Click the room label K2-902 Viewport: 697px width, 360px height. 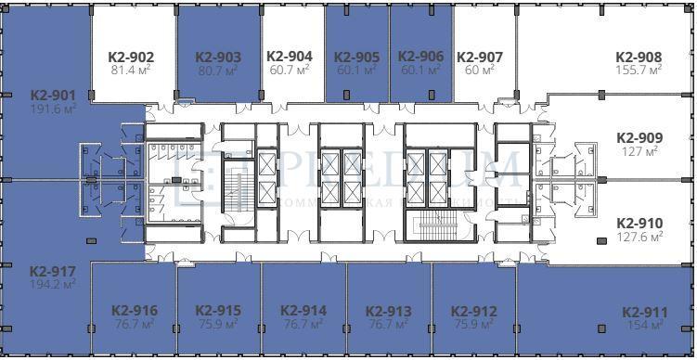[132, 57]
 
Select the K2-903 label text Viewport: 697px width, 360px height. [218, 57]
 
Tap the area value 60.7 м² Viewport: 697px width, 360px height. [289, 70]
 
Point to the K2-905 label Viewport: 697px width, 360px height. [356, 57]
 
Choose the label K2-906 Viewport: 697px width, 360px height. [420, 57]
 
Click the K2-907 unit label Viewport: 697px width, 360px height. [480, 58]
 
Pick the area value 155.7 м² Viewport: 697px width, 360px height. [639, 70]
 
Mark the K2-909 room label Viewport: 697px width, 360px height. [639, 137]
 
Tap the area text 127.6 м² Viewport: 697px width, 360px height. [639, 237]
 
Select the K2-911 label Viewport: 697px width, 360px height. [645, 312]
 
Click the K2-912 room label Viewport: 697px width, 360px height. [473, 312]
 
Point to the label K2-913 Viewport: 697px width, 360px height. [388, 312]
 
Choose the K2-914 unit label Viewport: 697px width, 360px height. [303, 311]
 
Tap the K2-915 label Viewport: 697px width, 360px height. [218, 311]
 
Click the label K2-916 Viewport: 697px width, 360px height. [134, 311]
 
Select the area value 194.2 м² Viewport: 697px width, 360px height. [52, 285]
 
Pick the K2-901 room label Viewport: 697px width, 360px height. [52, 95]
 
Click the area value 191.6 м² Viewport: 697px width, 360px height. [52, 108]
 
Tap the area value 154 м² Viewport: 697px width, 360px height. [645, 325]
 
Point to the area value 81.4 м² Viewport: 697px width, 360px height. [132, 70]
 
